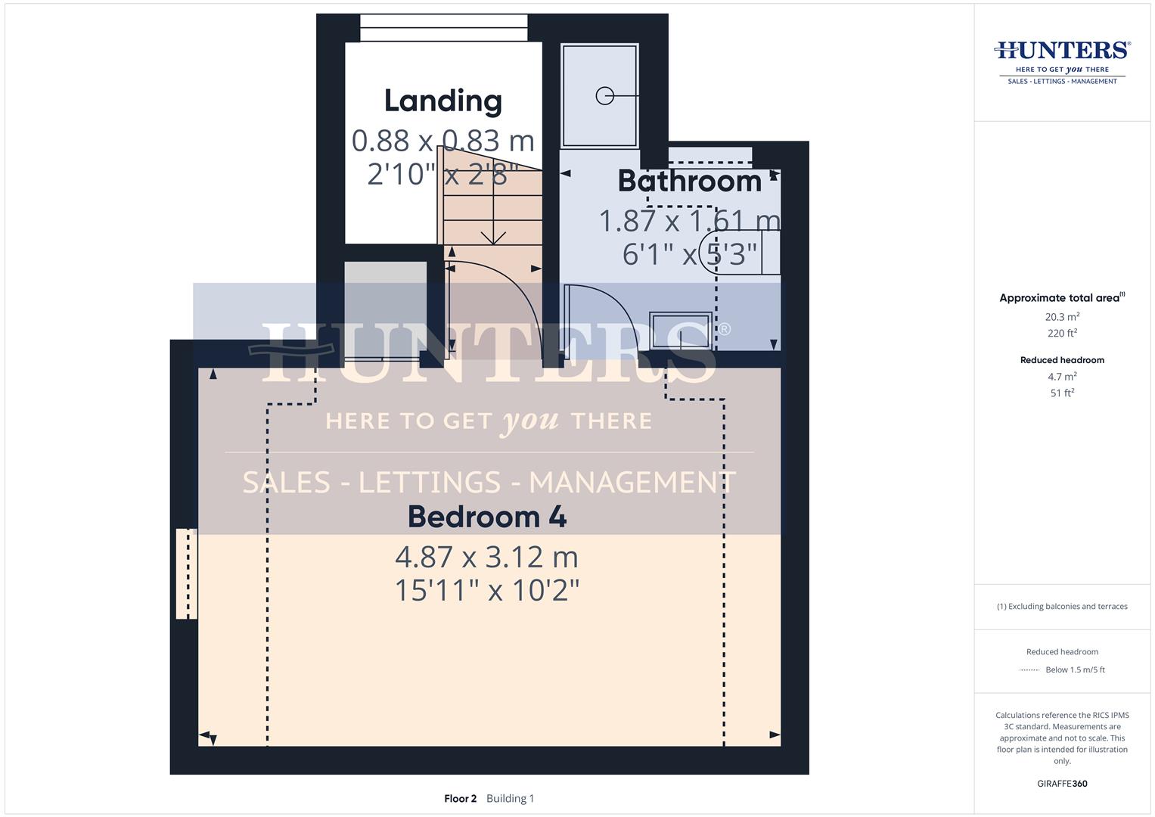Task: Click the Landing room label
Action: click(x=442, y=101)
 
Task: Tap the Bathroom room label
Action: click(x=689, y=182)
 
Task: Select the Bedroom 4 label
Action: click(x=486, y=517)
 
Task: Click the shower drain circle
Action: click(x=604, y=96)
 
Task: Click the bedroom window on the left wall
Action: click(x=186, y=573)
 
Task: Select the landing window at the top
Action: click(x=443, y=28)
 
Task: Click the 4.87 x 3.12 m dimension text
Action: click(x=486, y=558)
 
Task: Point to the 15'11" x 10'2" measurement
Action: click(x=486, y=590)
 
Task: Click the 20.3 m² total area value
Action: click(x=1062, y=317)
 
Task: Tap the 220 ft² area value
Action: click(x=1062, y=333)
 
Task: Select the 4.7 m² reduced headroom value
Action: click(x=1062, y=377)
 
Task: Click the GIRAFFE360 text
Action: click(x=1062, y=784)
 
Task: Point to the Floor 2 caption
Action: click(x=460, y=798)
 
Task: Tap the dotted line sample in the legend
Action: click(x=1030, y=670)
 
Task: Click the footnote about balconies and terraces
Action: click(x=1062, y=607)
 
